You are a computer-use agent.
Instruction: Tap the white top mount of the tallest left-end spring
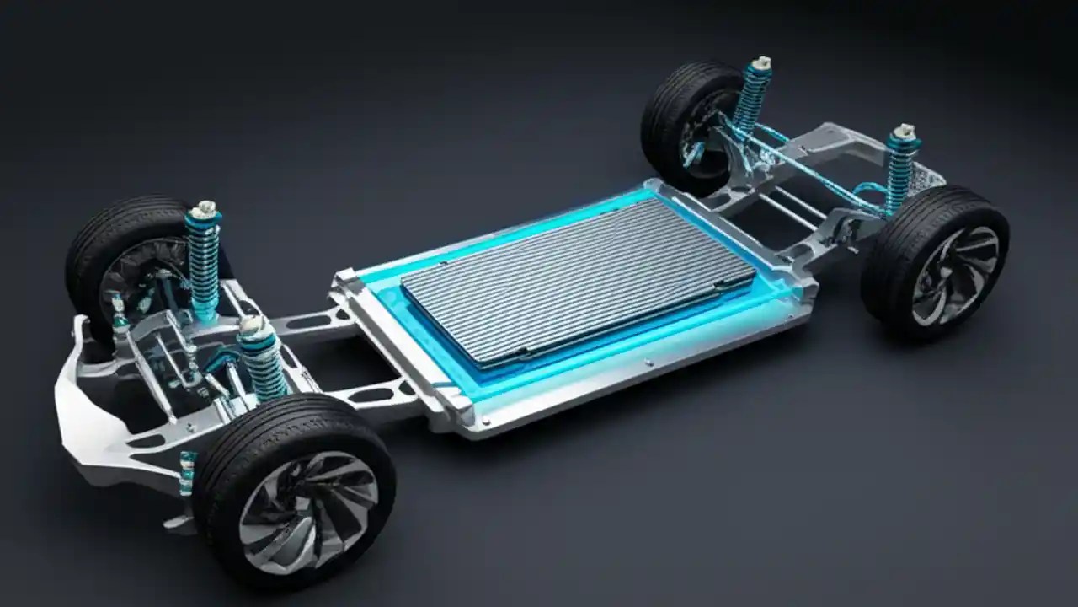pos(205,209)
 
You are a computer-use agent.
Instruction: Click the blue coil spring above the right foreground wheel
pos(899,173)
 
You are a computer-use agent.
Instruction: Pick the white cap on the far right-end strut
pos(761,63)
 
